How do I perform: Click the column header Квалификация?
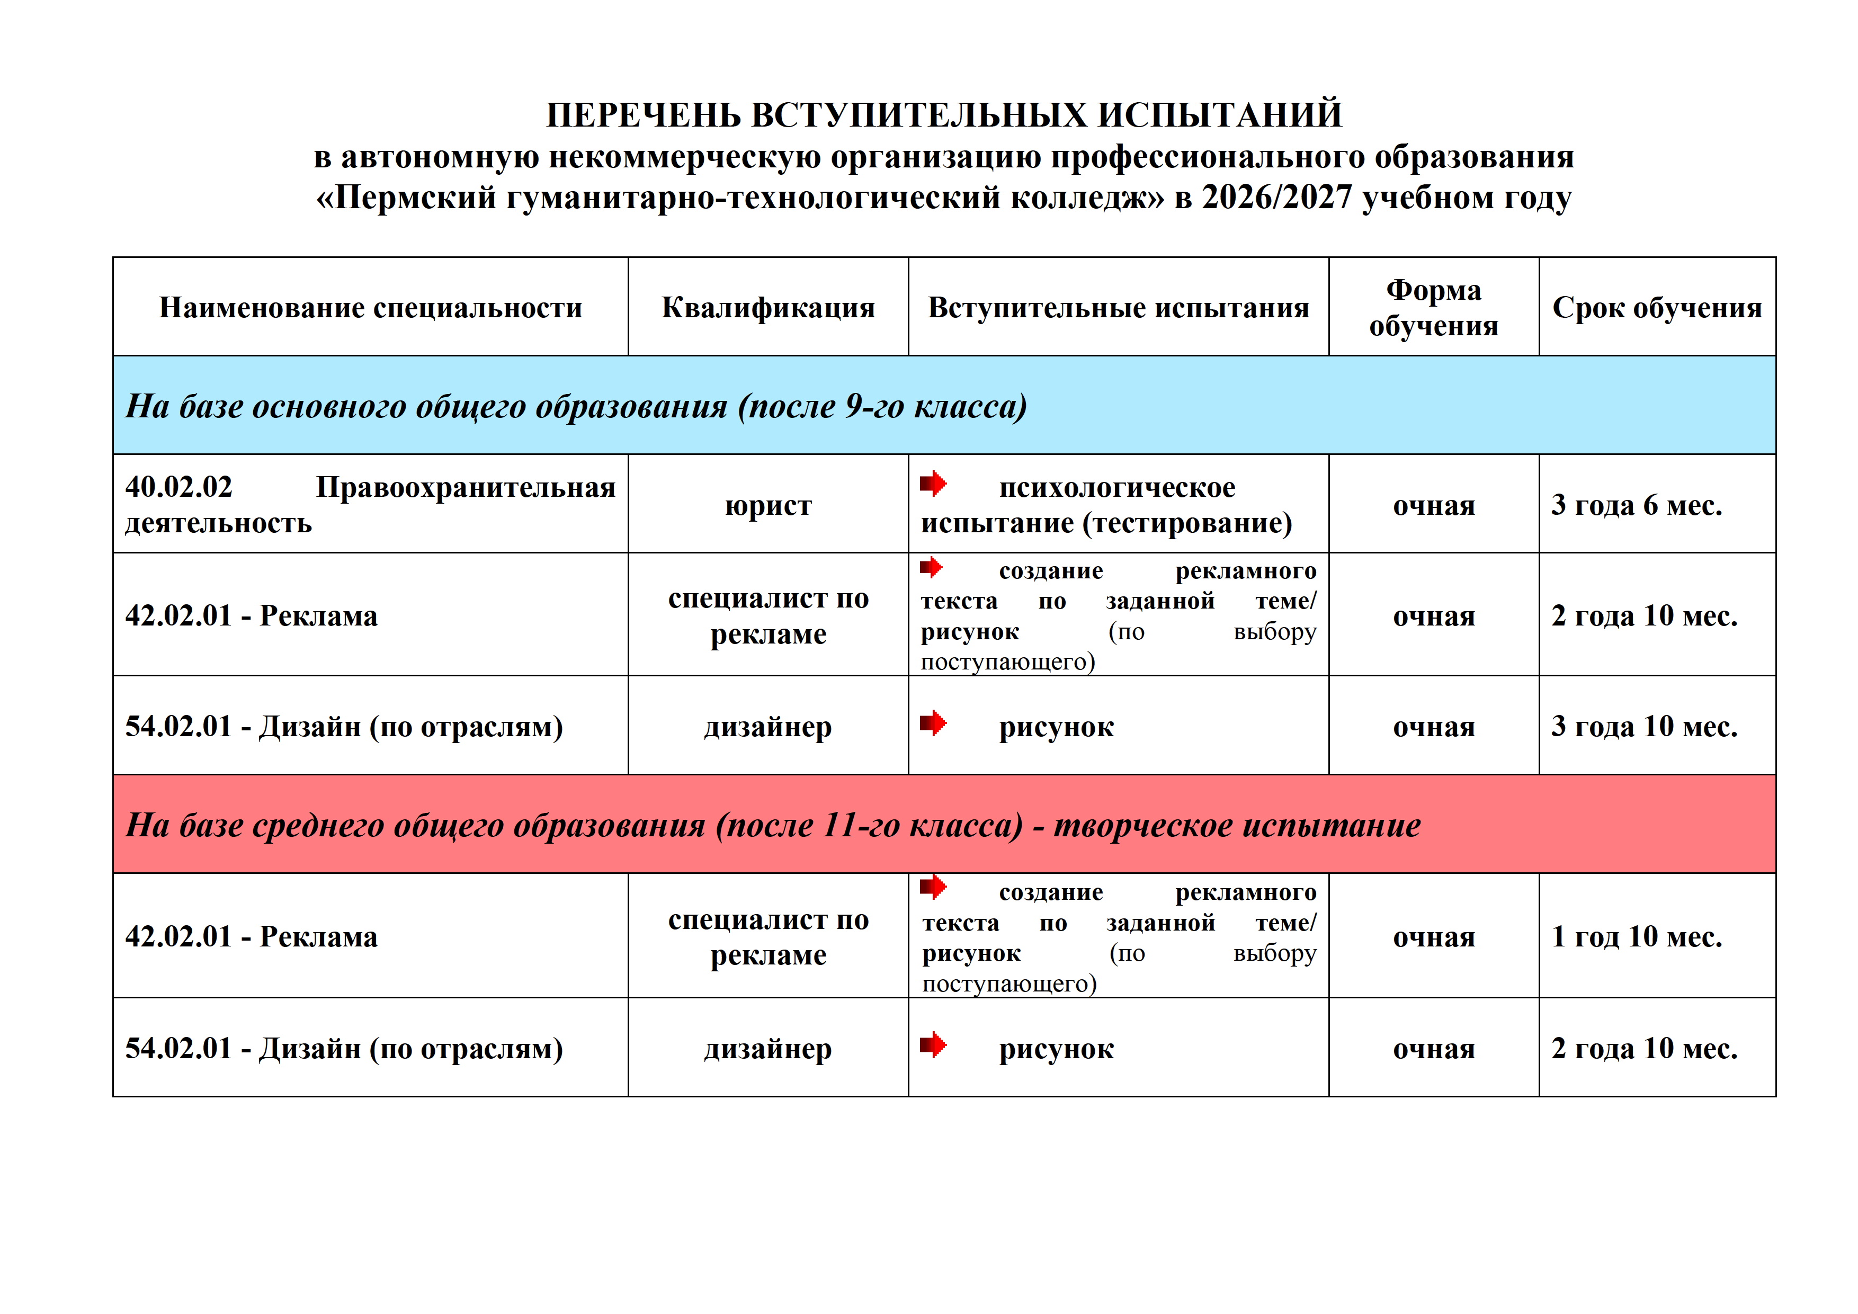(x=768, y=308)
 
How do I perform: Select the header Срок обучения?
(x=1657, y=308)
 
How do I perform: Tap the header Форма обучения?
(x=1433, y=308)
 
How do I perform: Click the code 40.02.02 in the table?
(x=179, y=487)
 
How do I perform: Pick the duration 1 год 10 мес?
(x=1636, y=936)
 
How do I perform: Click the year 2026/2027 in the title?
(x=1276, y=198)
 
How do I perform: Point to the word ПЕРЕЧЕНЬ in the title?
(x=644, y=115)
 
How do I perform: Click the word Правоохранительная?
(x=466, y=487)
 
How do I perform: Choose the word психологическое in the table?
(x=1116, y=487)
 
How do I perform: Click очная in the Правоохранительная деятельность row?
(x=1433, y=506)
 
